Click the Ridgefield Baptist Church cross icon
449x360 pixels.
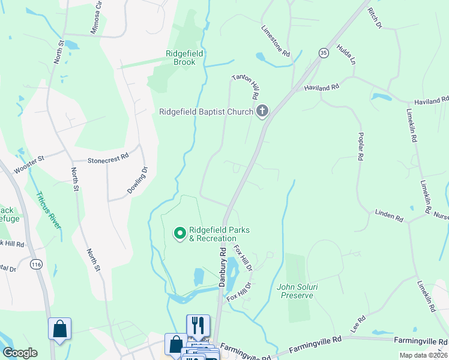coord(262,111)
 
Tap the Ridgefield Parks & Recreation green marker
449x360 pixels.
coord(179,233)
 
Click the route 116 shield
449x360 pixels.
coord(37,263)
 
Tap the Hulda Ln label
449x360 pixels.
coord(346,55)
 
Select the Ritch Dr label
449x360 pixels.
coord(375,18)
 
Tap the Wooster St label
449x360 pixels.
coord(29,163)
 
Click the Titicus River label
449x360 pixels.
coord(48,210)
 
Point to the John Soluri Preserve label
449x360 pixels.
coord(295,291)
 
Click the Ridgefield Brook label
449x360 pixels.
coord(184,57)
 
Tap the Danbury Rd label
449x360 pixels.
coord(221,266)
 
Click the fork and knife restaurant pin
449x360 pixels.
coord(198,326)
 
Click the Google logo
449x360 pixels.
coord(20,353)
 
